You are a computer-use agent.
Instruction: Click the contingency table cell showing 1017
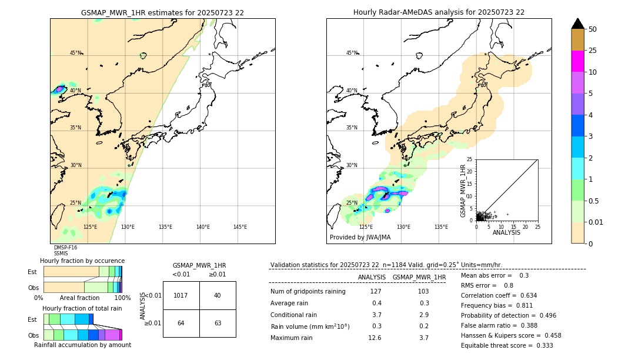click(x=181, y=295)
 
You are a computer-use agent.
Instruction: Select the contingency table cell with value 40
click(x=218, y=295)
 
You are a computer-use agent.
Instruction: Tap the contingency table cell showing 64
click(x=181, y=323)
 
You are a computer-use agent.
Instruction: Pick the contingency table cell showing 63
click(x=218, y=323)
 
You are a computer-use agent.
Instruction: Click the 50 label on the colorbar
click(x=593, y=29)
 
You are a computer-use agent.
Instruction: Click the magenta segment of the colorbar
click(x=577, y=61)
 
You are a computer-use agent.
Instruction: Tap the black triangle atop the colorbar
click(x=577, y=24)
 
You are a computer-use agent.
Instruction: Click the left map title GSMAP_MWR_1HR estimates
click(x=162, y=12)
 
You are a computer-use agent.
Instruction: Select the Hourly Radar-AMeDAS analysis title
click(x=439, y=12)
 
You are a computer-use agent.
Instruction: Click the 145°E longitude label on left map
click(x=240, y=227)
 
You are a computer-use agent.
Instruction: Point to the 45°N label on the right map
click(x=352, y=53)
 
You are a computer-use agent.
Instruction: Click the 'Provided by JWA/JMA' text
click(x=360, y=238)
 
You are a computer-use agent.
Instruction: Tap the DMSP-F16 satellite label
click(x=65, y=248)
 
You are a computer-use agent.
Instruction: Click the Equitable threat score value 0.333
click(x=541, y=345)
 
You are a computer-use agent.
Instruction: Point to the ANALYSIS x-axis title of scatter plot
click(x=506, y=232)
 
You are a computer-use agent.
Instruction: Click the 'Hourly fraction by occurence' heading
click(x=82, y=261)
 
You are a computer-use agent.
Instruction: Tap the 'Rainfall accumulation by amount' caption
click(x=82, y=345)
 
